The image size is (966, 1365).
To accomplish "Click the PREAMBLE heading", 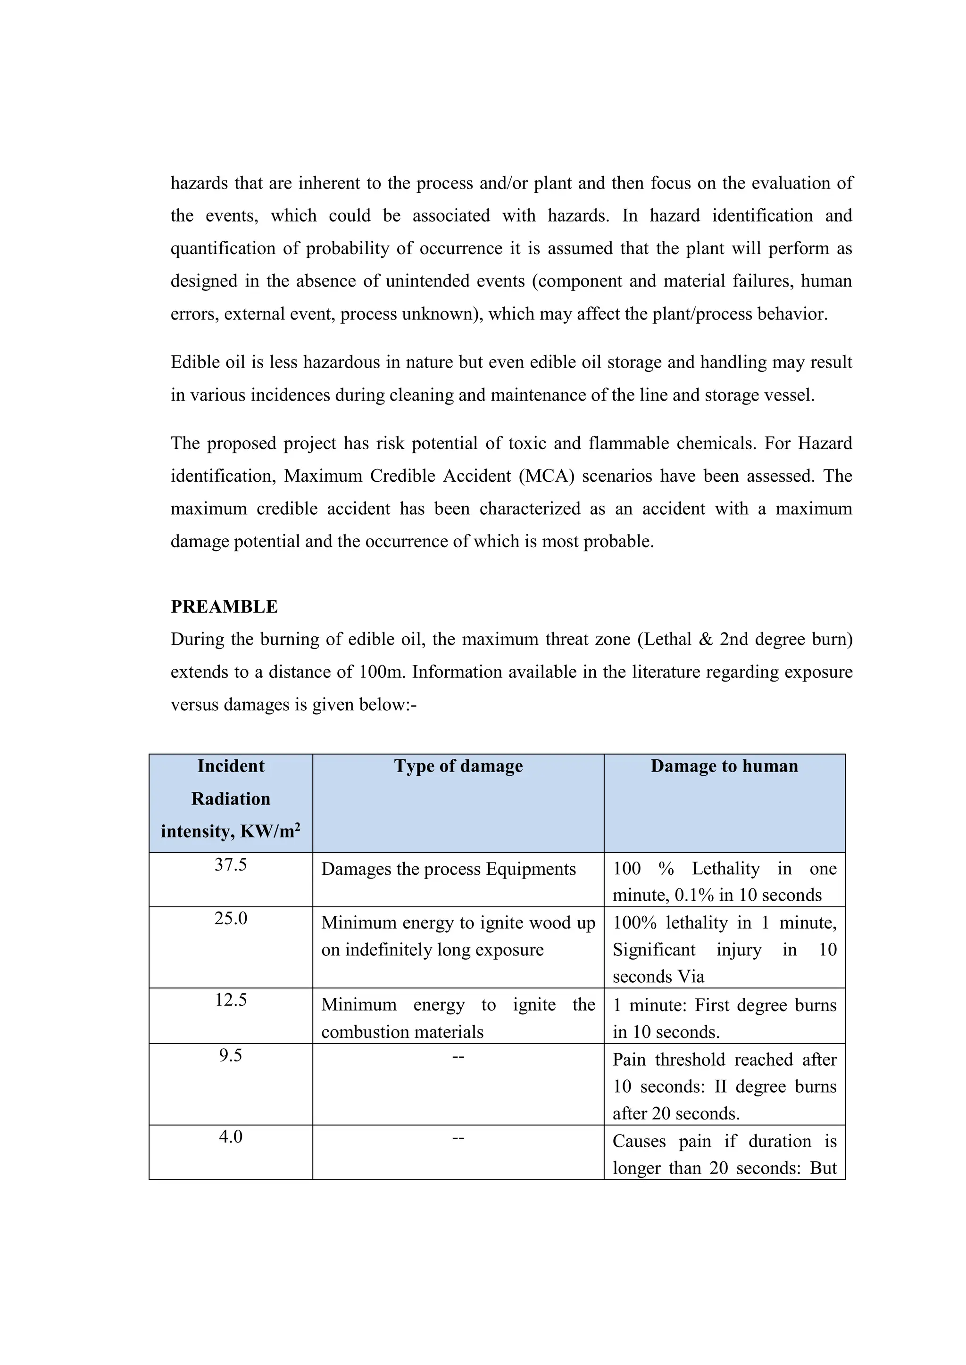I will pyautogui.click(x=224, y=607).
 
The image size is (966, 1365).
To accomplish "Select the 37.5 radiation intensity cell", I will pyautogui.click(x=230, y=865).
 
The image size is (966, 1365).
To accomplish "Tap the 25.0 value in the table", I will pyautogui.click(x=230, y=919).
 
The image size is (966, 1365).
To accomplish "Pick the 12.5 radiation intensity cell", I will pyautogui.click(x=230, y=1001).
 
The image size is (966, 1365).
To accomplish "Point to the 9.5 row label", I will pyautogui.click(x=230, y=1055).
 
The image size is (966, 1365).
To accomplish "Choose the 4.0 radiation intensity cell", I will pyautogui.click(x=230, y=1137).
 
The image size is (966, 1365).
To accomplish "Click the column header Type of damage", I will pyautogui.click(x=458, y=766).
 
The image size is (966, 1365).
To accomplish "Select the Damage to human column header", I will pyautogui.click(x=724, y=766).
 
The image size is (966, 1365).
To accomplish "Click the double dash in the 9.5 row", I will pyautogui.click(x=458, y=1056).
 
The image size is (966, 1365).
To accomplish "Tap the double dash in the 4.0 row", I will pyautogui.click(x=458, y=1138).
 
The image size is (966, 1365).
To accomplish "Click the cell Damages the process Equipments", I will pyautogui.click(x=449, y=869).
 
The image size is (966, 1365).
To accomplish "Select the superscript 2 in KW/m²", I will pyautogui.click(x=298, y=826).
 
